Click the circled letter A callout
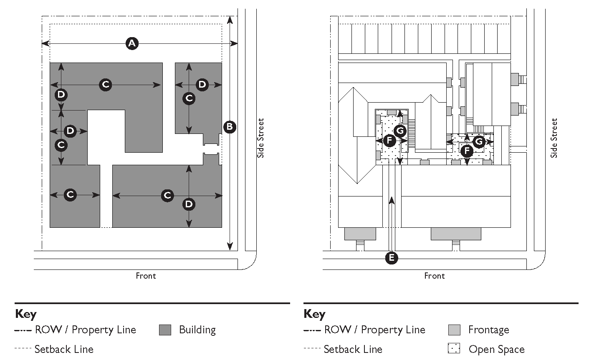[x=132, y=43]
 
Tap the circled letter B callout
[x=230, y=127]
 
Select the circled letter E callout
[x=392, y=258]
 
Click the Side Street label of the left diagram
[x=260, y=138]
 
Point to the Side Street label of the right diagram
[x=554, y=138]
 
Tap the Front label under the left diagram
[x=146, y=276]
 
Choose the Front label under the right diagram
[x=435, y=276]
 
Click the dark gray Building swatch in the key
[x=165, y=330]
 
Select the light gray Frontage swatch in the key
[x=454, y=330]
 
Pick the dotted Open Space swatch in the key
[x=454, y=348]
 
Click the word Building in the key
[x=197, y=330]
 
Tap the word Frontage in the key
[x=489, y=330]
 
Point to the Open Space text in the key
[x=497, y=350]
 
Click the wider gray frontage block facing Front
[x=456, y=234]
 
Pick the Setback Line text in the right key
[x=353, y=350]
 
